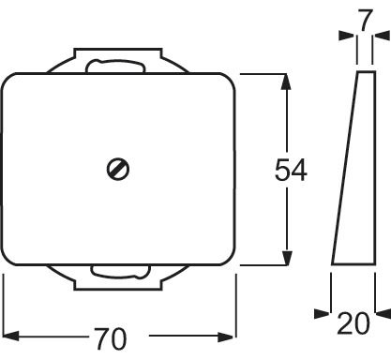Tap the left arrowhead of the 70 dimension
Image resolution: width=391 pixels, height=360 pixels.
(x=9, y=335)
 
